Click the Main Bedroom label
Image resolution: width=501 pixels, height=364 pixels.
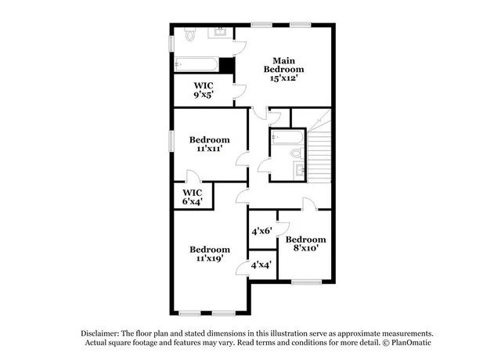tap(283, 64)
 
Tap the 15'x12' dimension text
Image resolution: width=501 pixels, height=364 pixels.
tap(283, 78)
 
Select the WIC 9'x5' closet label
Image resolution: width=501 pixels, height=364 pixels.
tap(203, 90)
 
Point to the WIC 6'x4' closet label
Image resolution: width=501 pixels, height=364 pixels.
tap(193, 196)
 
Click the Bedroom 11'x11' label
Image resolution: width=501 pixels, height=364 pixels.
tap(210, 145)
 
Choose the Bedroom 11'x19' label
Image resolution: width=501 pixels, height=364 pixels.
tap(210, 254)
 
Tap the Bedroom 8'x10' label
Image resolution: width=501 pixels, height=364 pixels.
tap(305, 243)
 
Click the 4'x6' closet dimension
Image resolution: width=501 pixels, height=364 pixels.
tap(261, 231)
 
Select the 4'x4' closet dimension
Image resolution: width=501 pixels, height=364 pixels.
tap(261, 265)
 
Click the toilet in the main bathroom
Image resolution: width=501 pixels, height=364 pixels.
tap(190, 34)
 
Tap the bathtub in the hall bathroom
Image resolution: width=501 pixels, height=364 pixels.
tap(287, 138)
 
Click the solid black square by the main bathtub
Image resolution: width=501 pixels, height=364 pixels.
tap(227, 65)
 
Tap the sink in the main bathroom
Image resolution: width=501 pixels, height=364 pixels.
tap(222, 32)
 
